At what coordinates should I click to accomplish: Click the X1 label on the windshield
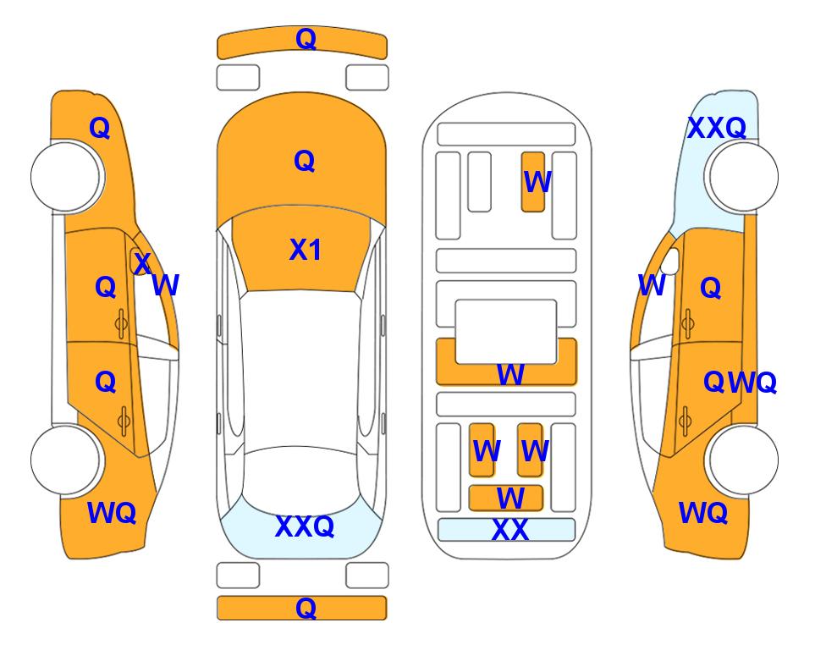pyautogui.click(x=306, y=250)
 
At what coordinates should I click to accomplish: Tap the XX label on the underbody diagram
pyautogui.click(x=509, y=530)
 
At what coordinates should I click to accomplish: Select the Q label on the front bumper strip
pyautogui.click(x=306, y=38)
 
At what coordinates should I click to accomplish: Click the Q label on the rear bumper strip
pyautogui.click(x=306, y=608)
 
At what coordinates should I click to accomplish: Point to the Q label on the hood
pyautogui.click(x=305, y=161)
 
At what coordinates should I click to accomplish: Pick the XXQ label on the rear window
pyautogui.click(x=305, y=526)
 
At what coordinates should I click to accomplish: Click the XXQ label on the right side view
pyautogui.click(x=717, y=128)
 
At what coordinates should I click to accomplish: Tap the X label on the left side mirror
pyautogui.click(x=141, y=262)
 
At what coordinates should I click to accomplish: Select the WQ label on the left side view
pyautogui.click(x=112, y=513)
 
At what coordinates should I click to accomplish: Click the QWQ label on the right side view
pyautogui.click(x=740, y=383)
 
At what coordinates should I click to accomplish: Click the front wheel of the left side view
pyautogui.click(x=66, y=177)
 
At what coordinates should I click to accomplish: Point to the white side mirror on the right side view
pyautogui.click(x=671, y=261)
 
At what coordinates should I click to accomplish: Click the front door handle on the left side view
pyautogui.click(x=122, y=323)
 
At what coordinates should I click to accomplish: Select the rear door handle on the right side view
pyautogui.click(x=686, y=421)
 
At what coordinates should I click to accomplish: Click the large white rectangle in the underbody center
pyautogui.click(x=506, y=332)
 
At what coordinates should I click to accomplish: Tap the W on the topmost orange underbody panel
pyautogui.click(x=537, y=182)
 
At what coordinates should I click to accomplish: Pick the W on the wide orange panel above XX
pyautogui.click(x=510, y=499)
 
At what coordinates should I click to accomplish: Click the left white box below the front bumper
pyautogui.click(x=238, y=78)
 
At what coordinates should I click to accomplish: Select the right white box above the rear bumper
pyautogui.click(x=367, y=576)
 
